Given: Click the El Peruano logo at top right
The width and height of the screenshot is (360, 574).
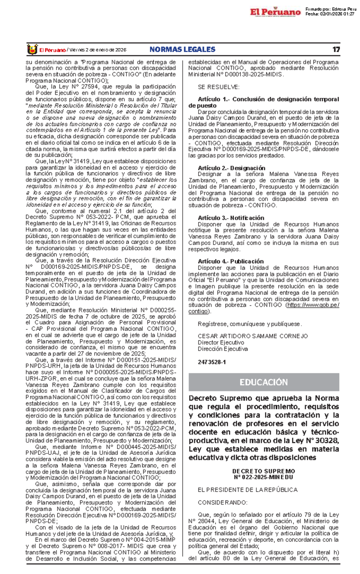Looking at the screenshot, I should click(275, 12).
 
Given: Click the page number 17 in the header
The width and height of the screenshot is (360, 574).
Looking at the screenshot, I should click(336, 49).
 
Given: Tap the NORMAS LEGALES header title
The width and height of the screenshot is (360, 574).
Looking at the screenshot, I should click(182, 49).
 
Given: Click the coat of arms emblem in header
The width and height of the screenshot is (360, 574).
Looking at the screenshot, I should click(32, 49).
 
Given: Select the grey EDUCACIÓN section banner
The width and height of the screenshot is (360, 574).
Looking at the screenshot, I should click(264, 382).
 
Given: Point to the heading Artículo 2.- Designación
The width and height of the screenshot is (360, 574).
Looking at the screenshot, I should click(231, 168).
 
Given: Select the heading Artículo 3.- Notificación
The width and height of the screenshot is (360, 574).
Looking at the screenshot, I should click(231, 218).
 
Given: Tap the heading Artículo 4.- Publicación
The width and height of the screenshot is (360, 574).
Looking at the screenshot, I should click(230, 261).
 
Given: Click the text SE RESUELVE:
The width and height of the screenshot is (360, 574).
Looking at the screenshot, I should click(218, 87).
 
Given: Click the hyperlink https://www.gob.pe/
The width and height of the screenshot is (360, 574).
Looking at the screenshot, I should click(313, 305).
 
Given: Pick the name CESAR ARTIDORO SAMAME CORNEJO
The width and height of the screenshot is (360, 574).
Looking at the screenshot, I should click(253, 336).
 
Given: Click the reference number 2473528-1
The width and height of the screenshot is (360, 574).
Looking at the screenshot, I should click(211, 362).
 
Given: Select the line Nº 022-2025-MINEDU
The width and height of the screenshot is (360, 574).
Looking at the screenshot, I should click(263, 477).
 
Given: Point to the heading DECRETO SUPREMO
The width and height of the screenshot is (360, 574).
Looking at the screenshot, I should click(263, 471).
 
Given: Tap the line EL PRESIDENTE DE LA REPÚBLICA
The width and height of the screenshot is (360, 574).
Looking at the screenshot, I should click(247, 490).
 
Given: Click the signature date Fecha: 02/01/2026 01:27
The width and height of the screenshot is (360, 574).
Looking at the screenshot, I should click(330, 14).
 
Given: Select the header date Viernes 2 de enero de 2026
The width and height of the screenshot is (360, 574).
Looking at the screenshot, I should click(97, 50).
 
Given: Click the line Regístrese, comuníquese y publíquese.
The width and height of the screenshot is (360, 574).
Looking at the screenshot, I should click(250, 324).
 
